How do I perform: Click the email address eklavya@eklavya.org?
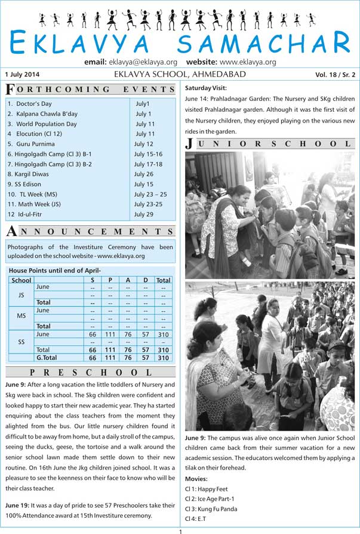click(143, 62)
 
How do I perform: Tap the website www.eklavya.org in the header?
click(247, 62)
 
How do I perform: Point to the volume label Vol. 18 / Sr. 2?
click(335, 75)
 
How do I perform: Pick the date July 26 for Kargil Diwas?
click(144, 174)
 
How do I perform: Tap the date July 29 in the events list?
click(144, 214)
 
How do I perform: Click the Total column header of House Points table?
click(163, 280)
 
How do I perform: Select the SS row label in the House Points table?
click(21, 342)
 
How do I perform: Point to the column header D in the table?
click(145, 280)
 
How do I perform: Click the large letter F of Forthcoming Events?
click(10, 90)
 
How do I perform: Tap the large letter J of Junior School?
click(190, 143)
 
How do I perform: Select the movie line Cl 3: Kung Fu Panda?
click(211, 509)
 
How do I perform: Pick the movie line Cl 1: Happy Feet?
click(207, 489)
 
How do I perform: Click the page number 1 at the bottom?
click(180, 531)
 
